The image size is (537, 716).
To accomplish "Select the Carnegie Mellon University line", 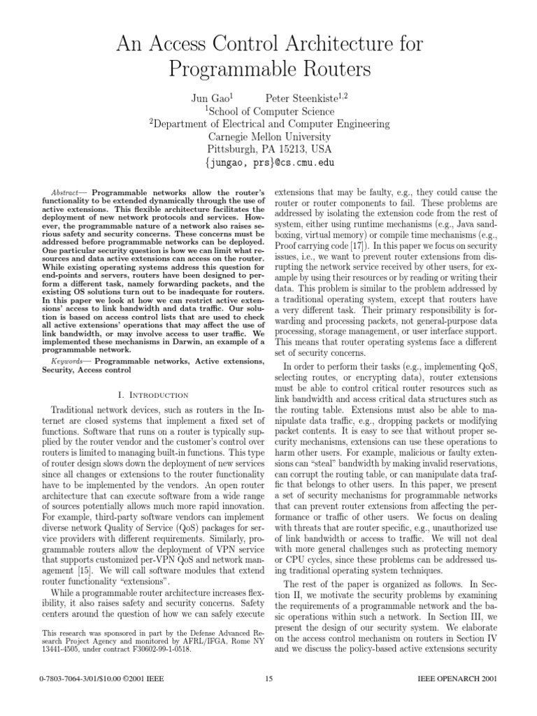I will pyautogui.click(x=268, y=136).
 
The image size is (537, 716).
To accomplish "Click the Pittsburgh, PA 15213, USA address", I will pyautogui.click(x=268, y=149).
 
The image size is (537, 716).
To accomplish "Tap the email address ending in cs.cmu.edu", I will pyautogui.click(x=268, y=162).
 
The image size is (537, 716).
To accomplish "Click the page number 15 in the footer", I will pyautogui.click(x=269, y=699).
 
